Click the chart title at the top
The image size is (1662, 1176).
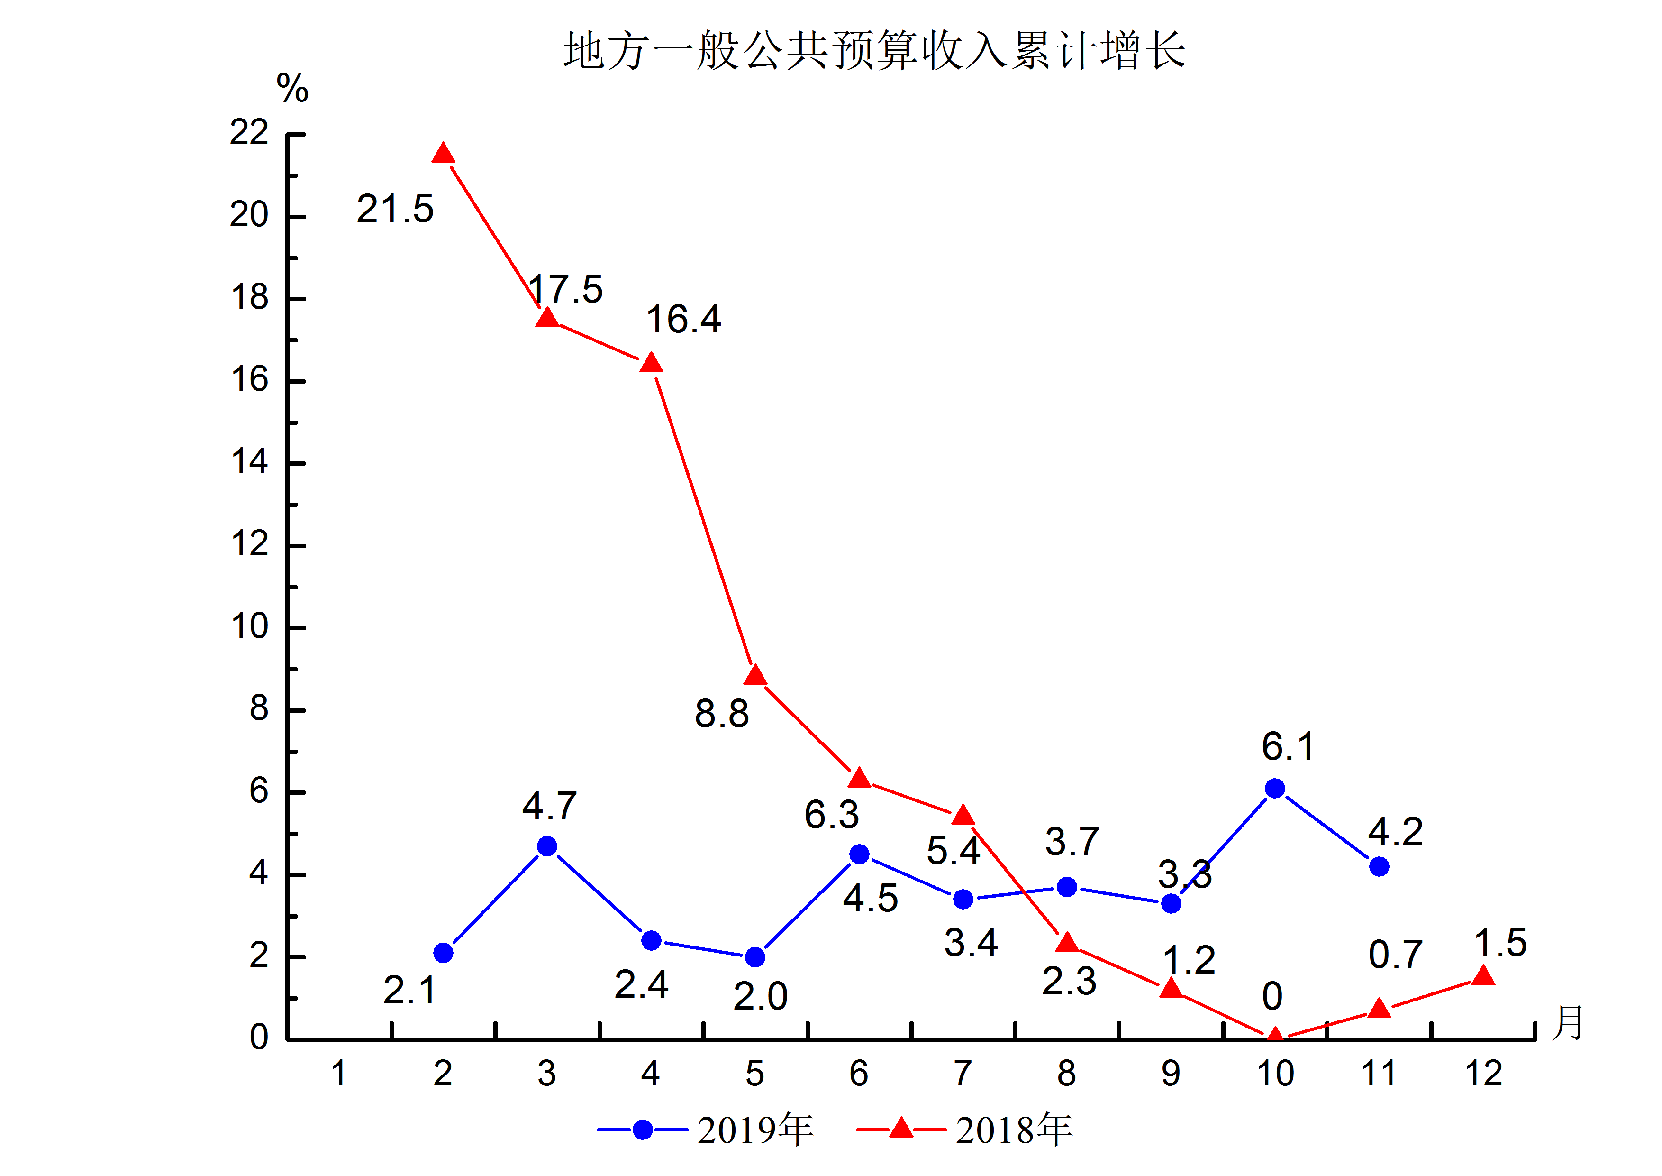tap(874, 51)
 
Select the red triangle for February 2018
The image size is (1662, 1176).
tap(443, 154)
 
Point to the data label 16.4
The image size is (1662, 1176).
tap(683, 319)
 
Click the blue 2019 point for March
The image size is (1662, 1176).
tap(547, 846)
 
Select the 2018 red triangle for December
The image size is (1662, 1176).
tap(1483, 977)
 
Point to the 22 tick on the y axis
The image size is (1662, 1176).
tap(249, 132)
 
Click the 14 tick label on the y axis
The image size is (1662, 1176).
tap(249, 462)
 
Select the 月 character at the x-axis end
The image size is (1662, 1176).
tap(1568, 1022)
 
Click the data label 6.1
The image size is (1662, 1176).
tap(1288, 746)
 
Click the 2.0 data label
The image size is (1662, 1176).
tap(760, 996)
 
